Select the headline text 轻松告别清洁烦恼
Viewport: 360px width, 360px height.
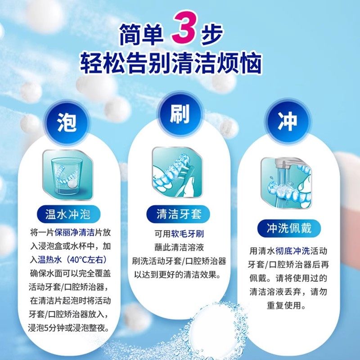pyautogui.click(x=171, y=63)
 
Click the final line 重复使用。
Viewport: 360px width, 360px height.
pyautogui.click(x=287, y=306)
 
